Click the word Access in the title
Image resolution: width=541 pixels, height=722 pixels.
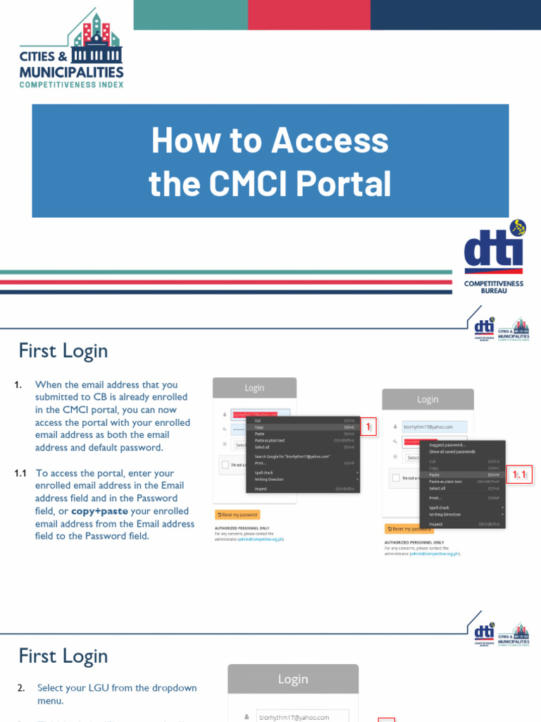click(330, 140)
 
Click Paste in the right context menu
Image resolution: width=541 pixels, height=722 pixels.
click(435, 475)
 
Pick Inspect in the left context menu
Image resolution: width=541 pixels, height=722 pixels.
click(261, 488)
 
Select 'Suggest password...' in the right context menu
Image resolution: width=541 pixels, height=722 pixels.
click(448, 445)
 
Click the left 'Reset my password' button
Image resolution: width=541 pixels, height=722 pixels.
click(237, 515)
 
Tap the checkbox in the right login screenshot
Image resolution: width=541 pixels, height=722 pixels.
click(396, 478)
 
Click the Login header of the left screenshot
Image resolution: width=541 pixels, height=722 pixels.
click(254, 388)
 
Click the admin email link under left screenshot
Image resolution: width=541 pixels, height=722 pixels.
click(261, 539)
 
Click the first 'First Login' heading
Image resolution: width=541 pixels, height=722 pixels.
click(63, 350)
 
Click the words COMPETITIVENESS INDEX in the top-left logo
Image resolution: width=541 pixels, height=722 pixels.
click(71, 84)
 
